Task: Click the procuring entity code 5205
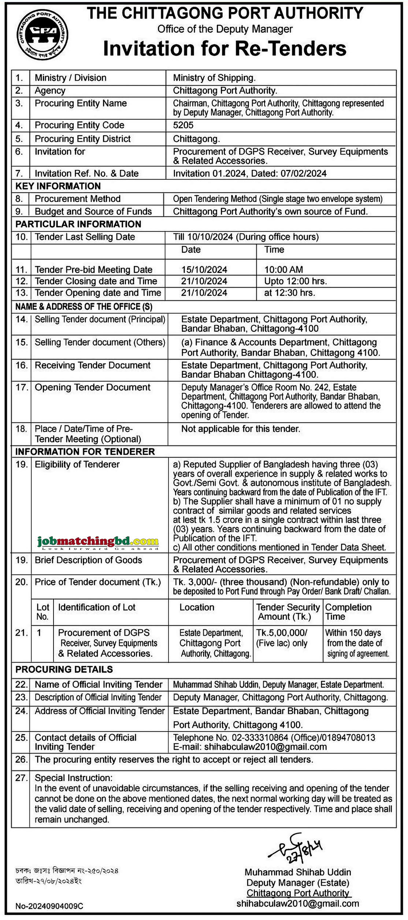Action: pos(183,125)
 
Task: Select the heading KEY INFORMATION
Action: pos(58,186)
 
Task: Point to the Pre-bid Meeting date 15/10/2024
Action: pos(204,270)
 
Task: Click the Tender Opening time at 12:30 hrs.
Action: pos(290,293)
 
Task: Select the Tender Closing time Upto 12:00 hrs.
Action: pos(296,281)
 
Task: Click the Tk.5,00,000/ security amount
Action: pos(282,633)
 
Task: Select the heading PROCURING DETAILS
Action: pos(64,670)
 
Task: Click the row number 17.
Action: pos(22,387)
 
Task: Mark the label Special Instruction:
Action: pos(74,778)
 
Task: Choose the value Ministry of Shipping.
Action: pos(214,78)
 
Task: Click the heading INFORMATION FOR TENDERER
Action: pos(85,452)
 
